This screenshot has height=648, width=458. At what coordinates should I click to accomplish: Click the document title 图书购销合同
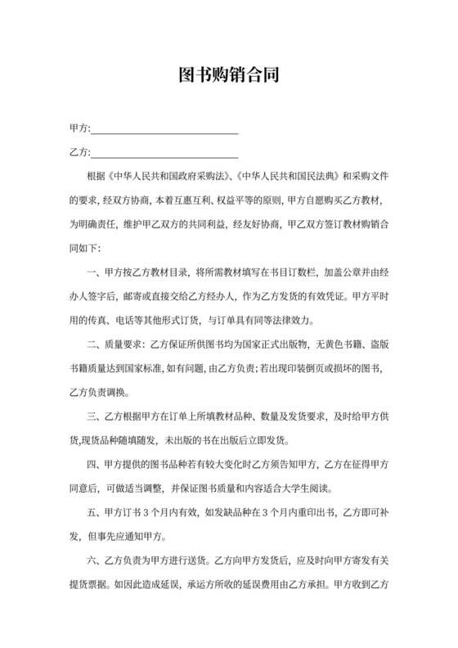229,76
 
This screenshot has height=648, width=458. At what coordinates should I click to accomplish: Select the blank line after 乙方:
164,154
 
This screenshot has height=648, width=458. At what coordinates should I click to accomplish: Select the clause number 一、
92,272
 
